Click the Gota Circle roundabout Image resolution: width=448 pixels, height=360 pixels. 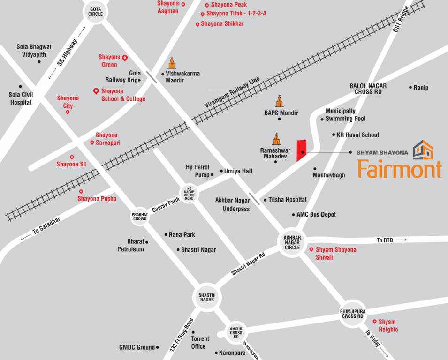click(95, 11)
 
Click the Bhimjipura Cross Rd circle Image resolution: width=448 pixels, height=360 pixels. click(353, 314)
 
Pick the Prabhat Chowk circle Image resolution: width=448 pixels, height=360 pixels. click(140, 217)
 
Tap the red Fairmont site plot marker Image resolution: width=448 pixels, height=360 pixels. click(301, 150)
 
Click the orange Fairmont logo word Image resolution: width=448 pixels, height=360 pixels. click(400, 169)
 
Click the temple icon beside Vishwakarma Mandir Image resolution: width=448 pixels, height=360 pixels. click(172, 63)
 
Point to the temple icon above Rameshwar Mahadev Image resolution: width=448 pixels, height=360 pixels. click(276, 138)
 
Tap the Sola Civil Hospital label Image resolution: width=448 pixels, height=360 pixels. click(21, 99)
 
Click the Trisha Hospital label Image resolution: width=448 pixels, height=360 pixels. click(287, 200)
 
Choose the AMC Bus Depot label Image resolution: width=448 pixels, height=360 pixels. click(316, 215)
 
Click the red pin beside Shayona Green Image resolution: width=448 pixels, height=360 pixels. click(125, 58)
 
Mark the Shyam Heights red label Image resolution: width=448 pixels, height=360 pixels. click(387, 325)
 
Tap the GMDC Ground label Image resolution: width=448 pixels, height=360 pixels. click(137, 347)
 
